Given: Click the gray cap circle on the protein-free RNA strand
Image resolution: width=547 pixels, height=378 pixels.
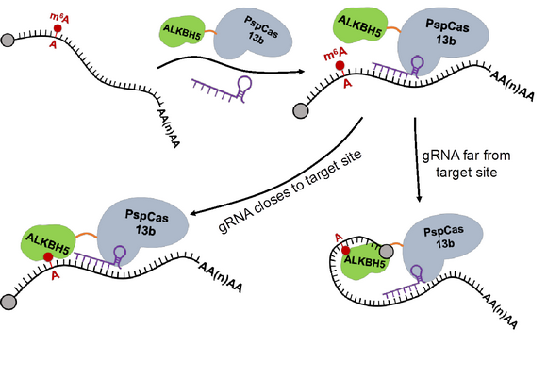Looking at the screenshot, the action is point(8,41).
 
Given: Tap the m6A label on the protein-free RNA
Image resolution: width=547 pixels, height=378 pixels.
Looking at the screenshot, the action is point(59,18).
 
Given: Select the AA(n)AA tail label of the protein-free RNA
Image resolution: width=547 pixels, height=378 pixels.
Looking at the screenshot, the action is point(168,128).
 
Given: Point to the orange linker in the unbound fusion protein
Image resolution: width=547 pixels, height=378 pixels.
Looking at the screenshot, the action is point(211,32).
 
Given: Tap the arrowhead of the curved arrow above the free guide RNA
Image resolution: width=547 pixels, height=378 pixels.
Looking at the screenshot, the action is point(301,72).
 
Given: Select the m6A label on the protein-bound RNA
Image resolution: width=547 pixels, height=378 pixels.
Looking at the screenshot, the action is point(336,54).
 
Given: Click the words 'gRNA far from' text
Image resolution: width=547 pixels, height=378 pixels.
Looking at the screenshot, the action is point(467,156).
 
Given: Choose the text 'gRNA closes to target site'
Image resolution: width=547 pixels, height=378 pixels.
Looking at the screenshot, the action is point(290,192).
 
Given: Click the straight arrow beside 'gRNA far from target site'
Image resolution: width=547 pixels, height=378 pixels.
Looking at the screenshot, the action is point(417,159).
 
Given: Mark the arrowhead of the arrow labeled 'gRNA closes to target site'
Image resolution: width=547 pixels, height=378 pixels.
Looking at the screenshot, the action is point(193,213).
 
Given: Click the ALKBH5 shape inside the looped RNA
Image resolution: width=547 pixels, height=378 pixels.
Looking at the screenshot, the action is point(364,261).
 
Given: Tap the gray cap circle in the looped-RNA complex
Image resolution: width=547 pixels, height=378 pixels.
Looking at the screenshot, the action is point(387,251).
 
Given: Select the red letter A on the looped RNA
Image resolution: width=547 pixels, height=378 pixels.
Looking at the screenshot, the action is point(339,238).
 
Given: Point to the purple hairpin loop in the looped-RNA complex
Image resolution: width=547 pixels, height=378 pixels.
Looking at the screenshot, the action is point(417,272).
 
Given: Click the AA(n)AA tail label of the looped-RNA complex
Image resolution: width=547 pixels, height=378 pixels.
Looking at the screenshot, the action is point(499,311).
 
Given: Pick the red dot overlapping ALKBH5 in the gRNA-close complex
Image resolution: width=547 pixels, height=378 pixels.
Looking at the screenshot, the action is point(48,257).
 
